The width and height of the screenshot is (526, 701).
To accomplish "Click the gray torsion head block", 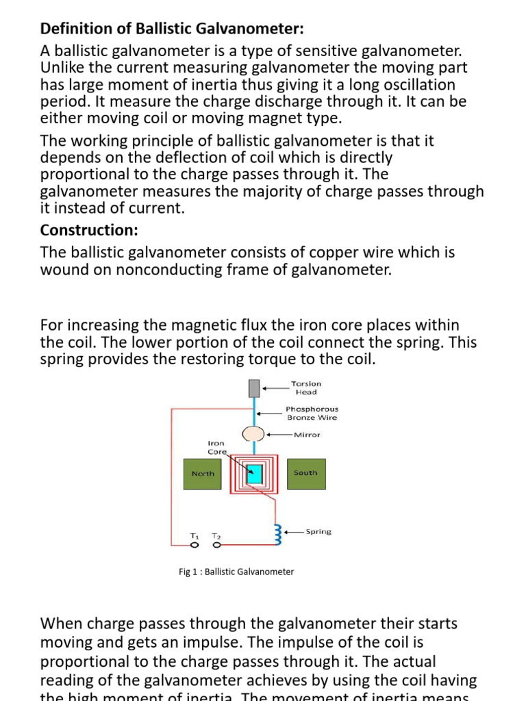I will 255,389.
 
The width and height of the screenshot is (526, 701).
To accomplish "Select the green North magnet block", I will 203,474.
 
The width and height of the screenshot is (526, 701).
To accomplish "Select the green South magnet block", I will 305,473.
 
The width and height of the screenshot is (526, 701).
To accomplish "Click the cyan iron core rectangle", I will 255,474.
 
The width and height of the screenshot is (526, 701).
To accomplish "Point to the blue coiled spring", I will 277,532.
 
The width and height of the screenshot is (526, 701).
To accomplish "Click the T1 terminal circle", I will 194,546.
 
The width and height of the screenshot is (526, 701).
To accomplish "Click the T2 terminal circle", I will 216,546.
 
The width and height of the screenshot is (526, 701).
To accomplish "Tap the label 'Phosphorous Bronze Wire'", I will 312,413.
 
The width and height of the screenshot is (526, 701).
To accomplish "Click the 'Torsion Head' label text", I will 305,388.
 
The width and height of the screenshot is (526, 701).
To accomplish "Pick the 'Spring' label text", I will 318,532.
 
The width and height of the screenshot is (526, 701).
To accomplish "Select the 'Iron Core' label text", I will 216,448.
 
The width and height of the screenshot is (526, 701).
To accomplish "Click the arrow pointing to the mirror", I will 279,434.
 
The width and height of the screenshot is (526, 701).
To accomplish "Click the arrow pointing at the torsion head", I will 276,388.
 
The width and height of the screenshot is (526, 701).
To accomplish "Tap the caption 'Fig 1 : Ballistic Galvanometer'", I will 236,572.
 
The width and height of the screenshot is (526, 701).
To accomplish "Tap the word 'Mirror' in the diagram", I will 306,434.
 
